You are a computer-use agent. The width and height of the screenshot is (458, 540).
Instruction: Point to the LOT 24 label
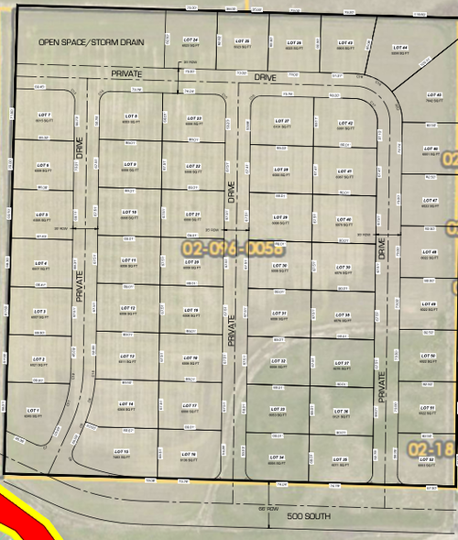191,40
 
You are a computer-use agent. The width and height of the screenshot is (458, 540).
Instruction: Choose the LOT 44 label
400,48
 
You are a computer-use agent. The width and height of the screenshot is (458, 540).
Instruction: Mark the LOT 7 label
42,116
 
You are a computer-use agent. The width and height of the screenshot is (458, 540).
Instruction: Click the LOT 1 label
34,409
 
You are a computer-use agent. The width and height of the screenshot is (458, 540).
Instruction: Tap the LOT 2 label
38,358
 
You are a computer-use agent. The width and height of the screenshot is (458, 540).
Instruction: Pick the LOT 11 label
129,260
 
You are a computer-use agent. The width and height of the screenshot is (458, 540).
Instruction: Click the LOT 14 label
126,403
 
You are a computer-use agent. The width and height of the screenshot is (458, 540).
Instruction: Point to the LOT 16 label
190,454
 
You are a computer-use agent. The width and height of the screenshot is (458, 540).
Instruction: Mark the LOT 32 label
279,362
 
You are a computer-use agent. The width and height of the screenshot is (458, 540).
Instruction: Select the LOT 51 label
427,407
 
